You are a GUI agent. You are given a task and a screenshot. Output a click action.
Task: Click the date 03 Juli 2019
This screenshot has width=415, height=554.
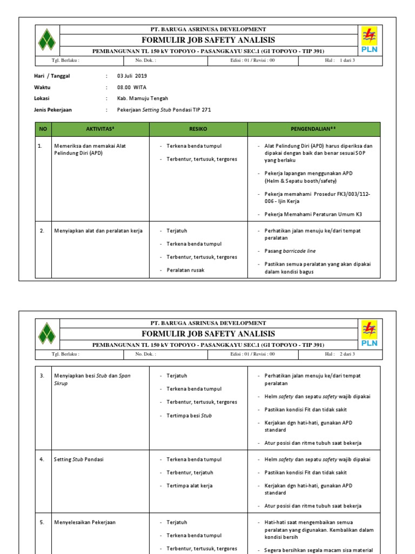tap(132, 76)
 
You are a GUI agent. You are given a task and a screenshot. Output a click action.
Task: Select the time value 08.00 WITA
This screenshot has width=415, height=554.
tap(132, 87)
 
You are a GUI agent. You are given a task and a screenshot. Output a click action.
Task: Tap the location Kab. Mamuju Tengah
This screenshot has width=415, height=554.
tap(143, 98)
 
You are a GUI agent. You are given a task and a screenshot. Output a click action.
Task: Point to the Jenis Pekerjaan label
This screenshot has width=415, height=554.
tap(53, 110)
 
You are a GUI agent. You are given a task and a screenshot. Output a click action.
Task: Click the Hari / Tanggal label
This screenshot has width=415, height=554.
tap(52, 76)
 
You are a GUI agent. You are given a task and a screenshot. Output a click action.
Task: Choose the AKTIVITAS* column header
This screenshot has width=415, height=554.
tap(101, 129)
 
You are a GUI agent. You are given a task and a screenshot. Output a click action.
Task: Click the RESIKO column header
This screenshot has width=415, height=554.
tap(198, 129)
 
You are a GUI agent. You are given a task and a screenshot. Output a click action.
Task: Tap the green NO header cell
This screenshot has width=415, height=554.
tap(43, 129)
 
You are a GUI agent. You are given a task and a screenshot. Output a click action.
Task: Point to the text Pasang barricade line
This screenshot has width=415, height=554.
tap(290, 251)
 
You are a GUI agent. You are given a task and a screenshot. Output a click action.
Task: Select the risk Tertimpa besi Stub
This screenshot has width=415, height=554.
tap(189, 415)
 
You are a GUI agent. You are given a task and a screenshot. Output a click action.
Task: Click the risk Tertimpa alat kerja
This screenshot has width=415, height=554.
tap(189, 486)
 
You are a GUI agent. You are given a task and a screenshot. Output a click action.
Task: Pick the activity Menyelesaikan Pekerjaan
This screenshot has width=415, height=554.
tap(85, 523)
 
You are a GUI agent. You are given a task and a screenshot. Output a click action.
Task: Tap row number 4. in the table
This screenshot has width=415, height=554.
tap(42, 459)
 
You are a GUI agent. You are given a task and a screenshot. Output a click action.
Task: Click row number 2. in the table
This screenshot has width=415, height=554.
tap(42, 231)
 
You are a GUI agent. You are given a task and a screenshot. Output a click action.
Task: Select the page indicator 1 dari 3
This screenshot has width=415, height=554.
tap(347, 61)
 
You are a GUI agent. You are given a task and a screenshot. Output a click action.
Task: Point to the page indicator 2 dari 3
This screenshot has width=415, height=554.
tap(347, 354)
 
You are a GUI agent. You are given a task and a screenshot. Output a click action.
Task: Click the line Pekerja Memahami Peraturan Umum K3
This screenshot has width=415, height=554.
tap(313, 214)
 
